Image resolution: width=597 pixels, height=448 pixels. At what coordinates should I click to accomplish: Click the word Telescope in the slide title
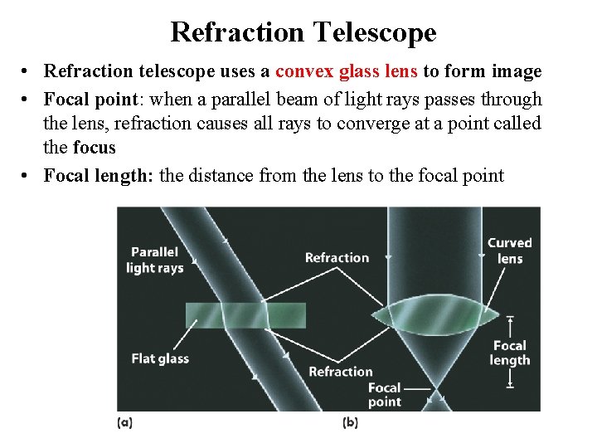tap(375, 32)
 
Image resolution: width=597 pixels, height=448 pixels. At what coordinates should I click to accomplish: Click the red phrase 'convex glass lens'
tap(347, 72)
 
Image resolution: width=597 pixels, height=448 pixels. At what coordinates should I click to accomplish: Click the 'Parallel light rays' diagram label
tap(155, 260)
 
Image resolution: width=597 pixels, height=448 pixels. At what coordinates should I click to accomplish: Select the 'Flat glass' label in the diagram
tap(160, 358)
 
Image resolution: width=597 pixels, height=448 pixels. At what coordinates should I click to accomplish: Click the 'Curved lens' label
tap(509, 251)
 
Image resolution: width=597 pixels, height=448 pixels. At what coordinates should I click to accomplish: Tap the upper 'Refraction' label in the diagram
tap(337, 257)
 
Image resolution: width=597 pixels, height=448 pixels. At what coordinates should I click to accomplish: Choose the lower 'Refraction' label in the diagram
tap(340, 372)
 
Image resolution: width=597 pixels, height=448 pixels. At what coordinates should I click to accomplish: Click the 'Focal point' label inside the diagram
tap(384, 394)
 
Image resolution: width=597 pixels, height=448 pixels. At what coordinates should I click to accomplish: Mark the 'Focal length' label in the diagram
tap(509, 353)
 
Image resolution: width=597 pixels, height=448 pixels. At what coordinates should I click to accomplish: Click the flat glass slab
tap(245, 315)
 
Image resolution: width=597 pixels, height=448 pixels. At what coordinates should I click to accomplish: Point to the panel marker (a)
tap(124, 422)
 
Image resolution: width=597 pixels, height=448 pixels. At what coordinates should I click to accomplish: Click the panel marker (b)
tap(350, 422)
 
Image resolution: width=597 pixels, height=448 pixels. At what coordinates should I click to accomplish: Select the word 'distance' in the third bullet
tap(223, 175)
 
